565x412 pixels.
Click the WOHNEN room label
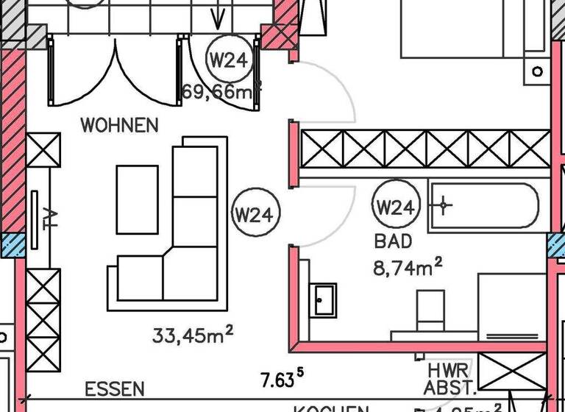click(119, 124)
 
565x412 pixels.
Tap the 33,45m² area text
click(193, 336)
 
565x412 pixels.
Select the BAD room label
click(394, 241)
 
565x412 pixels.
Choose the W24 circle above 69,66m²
click(228, 60)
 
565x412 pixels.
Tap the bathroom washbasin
click(323, 299)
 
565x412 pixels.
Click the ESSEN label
click(114, 389)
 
